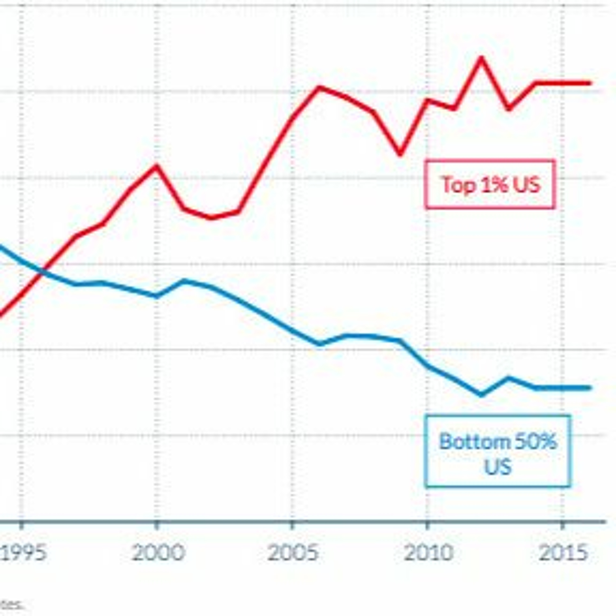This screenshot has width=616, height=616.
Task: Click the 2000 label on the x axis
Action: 158,552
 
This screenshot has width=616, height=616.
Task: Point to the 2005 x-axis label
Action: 293,552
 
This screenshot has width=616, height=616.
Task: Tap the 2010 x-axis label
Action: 428,552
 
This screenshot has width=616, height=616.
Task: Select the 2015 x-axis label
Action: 563,552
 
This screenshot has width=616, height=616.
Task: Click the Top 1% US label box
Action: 490,185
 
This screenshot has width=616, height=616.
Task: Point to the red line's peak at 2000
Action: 156,166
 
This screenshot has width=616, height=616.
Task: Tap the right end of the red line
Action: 590,83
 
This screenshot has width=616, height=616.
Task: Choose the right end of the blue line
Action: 590,388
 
